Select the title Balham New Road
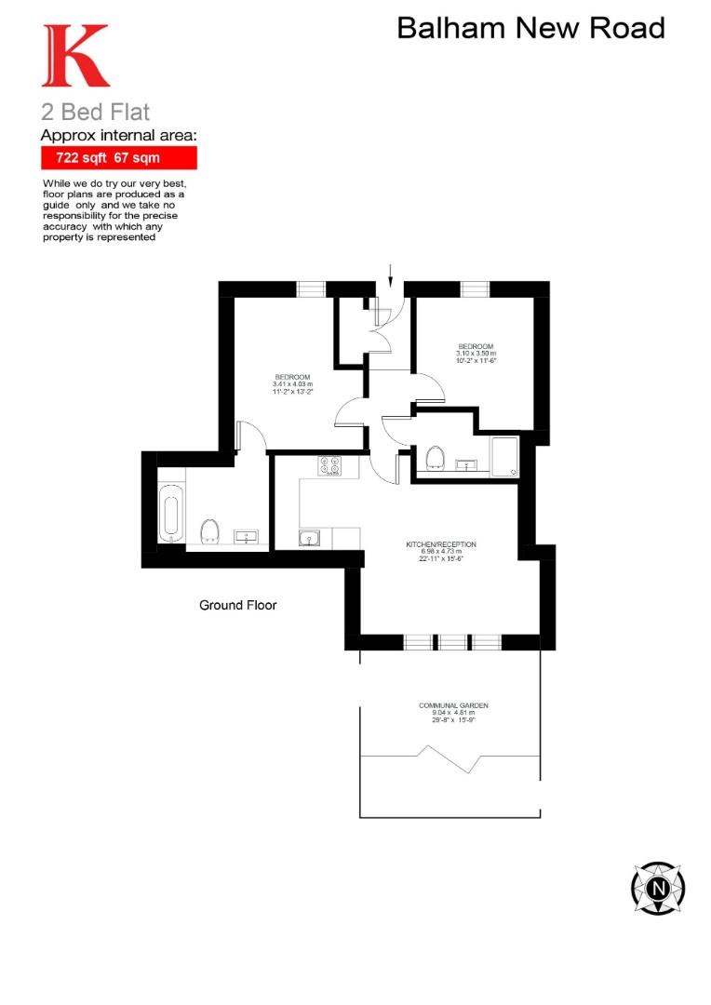(530, 28)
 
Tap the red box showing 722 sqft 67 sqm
(118, 158)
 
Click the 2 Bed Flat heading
(95, 114)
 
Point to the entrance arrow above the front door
(391, 275)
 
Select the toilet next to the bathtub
(210, 530)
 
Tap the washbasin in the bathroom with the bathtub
(248, 536)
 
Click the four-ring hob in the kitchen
(329, 465)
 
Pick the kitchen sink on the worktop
(310, 537)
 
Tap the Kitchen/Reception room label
(441, 550)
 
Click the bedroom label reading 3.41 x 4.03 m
(293, 384)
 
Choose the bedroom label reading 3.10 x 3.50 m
(476, 354)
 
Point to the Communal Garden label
(453, 712)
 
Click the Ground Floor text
(238, 605)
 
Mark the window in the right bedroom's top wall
(475, 288)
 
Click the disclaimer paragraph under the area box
(114, 210)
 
